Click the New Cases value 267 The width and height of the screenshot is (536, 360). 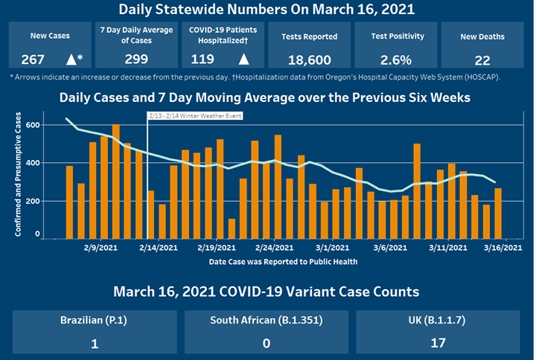[33, 60]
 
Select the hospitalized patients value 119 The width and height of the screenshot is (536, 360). [203, 60]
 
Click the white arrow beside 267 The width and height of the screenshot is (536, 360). [71, 60]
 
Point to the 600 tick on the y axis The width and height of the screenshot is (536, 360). [33, 125]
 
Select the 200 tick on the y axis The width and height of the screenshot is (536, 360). [33, 201]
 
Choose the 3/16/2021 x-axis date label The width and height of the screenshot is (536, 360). [502, 248]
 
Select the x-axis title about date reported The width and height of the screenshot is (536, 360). [283, 261]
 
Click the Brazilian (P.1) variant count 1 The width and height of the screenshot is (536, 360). [94, 344]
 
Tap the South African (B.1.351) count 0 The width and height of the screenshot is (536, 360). [267, 344]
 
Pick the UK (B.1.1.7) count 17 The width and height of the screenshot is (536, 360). [437, 344]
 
